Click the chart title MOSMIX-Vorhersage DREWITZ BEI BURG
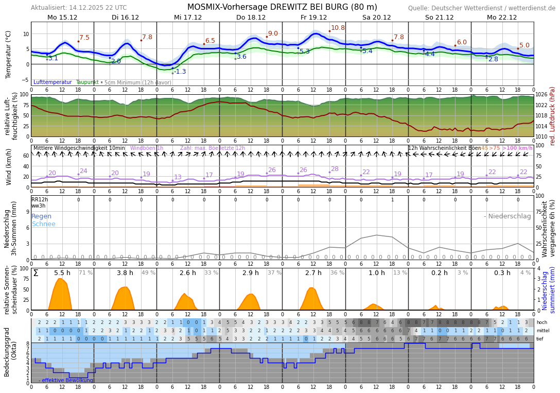[x=282, y=7]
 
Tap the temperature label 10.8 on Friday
[x=338, y=28]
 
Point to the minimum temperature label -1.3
[x=180, y=72]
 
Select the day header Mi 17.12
[x=188, y=17]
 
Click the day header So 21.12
[x=439, y=17]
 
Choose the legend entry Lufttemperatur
[x=52, y=82]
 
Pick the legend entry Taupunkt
[x=87, y=82]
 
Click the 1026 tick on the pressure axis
[x=541, y=94]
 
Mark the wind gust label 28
[x=335, y=169]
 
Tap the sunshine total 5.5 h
[x=62, y=273]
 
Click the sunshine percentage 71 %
[x=86, y=273]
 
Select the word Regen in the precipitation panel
[x=41, y=216]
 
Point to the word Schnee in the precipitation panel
[x=43, y=224]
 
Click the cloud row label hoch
[x=541, y=322]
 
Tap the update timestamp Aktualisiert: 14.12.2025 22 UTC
[x=79, y=8]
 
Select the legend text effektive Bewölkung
[x=67, y=381]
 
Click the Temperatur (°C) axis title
[x=8, y=54]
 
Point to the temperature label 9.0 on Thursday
[x=272, y=33]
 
